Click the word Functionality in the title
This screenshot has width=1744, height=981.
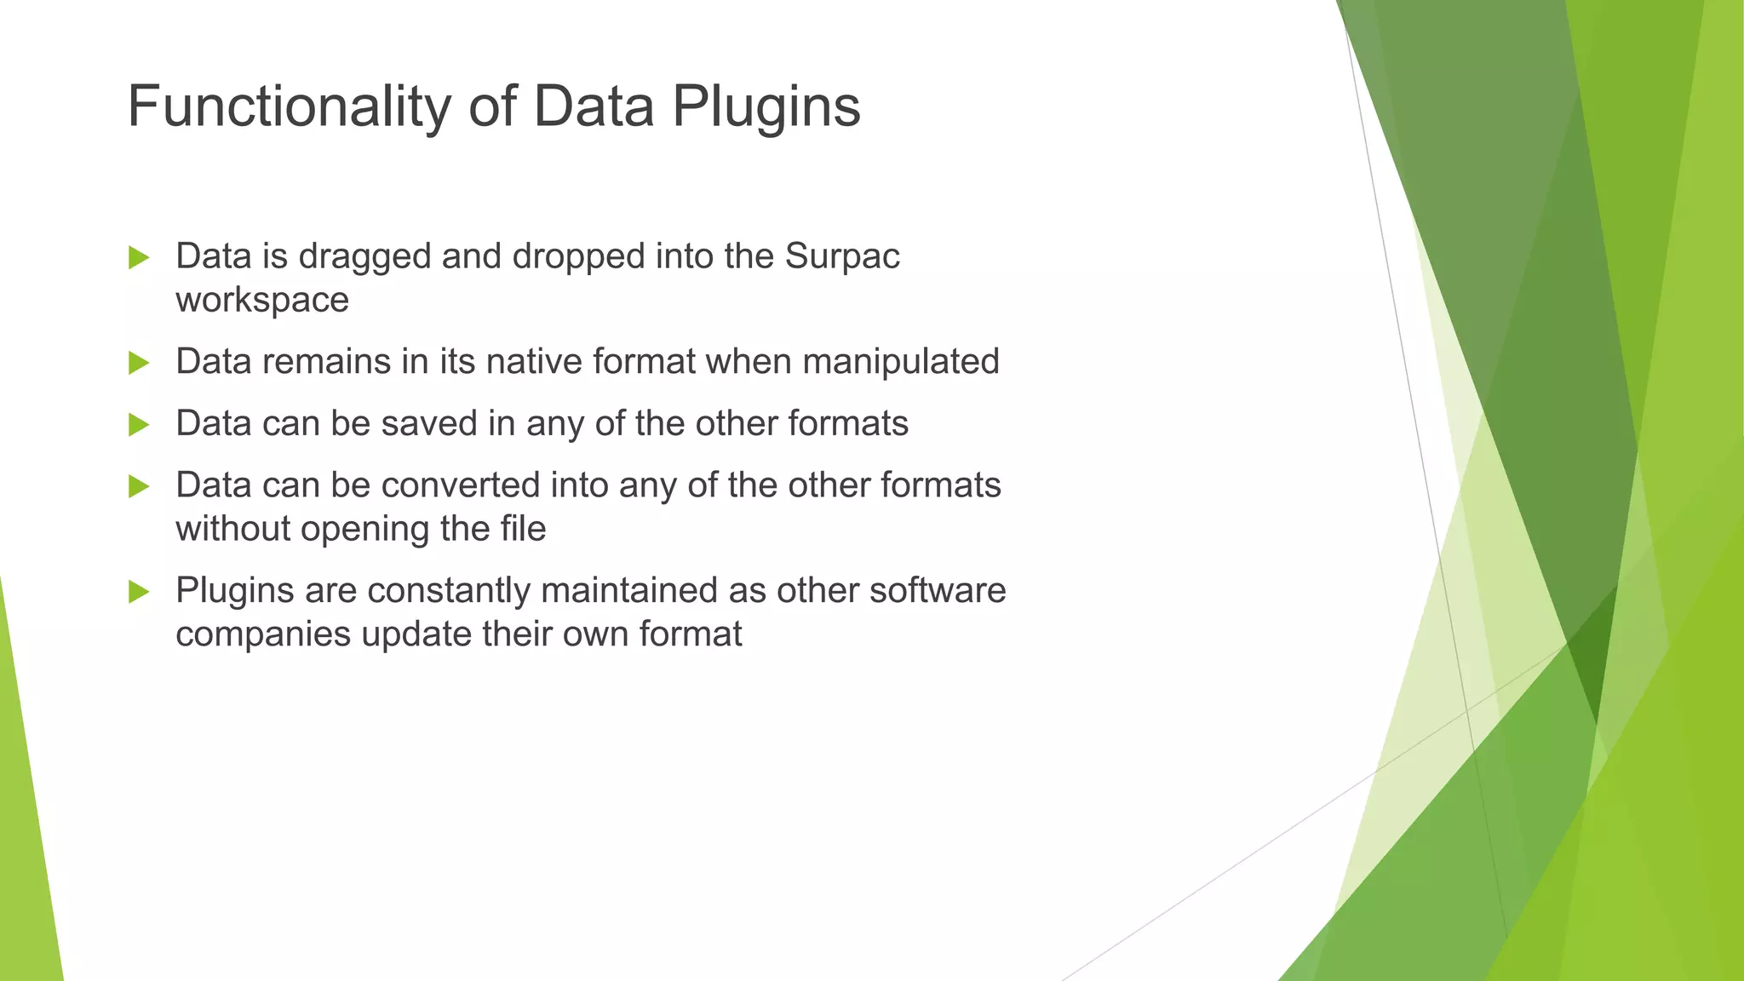(x=288, y=107)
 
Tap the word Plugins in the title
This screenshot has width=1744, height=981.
(x=766, y=107)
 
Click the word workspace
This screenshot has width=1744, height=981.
(x=262, y=301)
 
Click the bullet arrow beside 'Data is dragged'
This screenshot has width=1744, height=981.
(x=139, y=257)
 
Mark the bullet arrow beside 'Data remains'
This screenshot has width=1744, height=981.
(x=139, y=363)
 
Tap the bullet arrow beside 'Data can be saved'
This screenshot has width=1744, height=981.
(x=139, y=424)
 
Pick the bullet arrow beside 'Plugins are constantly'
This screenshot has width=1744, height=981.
(x=139, y=591)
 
